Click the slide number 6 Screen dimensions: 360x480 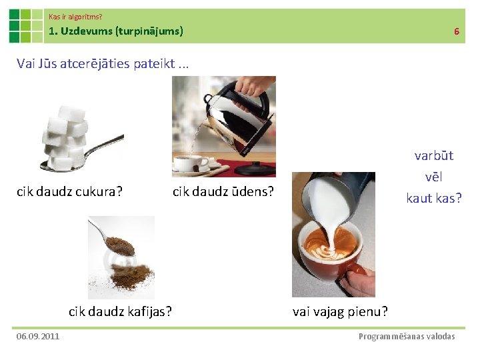coord(457,31)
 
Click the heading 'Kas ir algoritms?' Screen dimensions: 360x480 coord(75,15)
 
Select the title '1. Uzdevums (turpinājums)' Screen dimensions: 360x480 coord(116,31)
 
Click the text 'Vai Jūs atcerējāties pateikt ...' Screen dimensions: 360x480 coord(103,64)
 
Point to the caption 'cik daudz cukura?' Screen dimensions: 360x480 coord(69,192)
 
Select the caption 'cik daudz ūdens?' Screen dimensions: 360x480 coord(223,192)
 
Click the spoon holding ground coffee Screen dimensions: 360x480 coord(113,239)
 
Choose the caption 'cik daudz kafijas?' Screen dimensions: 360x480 coord(120,311)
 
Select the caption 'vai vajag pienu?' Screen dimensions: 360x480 coord(340,311)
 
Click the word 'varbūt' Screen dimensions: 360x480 coord(433,156)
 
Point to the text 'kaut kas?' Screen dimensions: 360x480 coord(433,198)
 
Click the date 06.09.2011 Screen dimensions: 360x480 coord(38,336)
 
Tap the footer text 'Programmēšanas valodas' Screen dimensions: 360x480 coord(407,336)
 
